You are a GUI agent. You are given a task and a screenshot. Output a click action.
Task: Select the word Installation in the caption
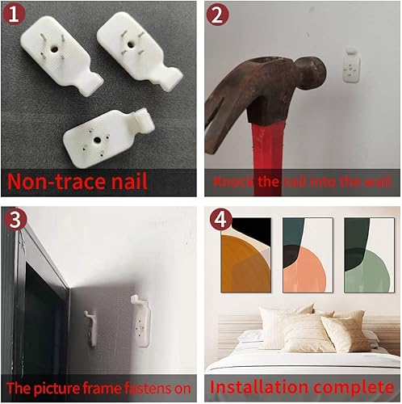259,385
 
